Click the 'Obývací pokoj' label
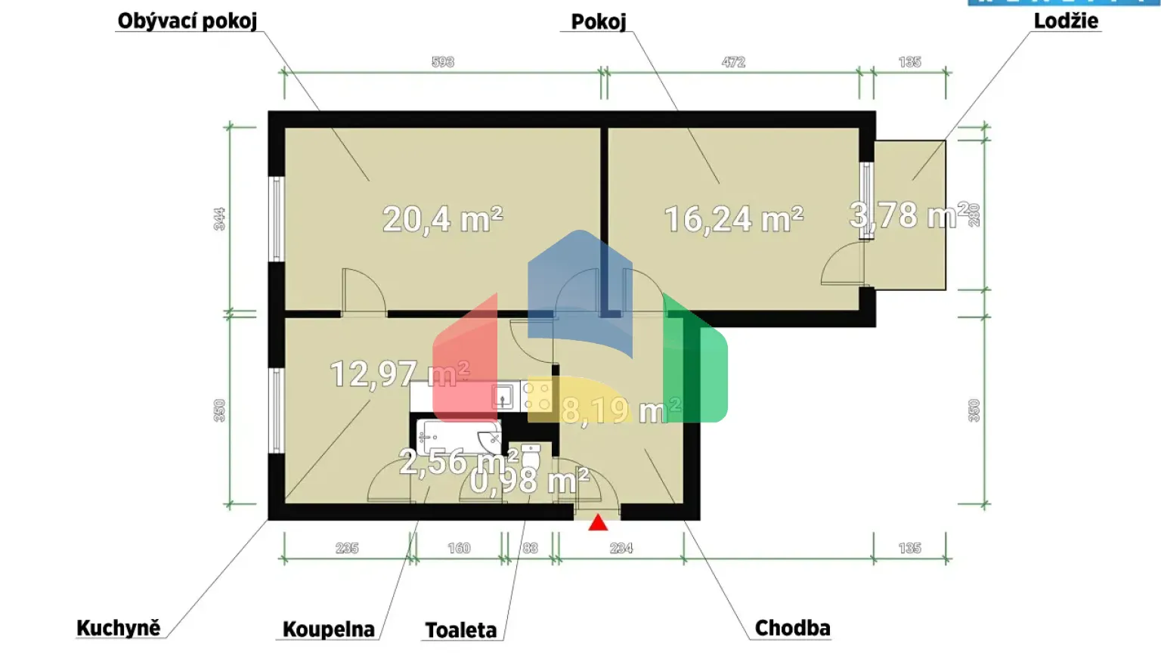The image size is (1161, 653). click(x=187, y=20)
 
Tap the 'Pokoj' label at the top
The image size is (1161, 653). click(x=598, y=21)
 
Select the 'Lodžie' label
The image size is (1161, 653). click(x=1066, y=20)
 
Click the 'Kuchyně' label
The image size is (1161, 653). click(x=119, y=628)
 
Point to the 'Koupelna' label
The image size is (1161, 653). click(x=328, y=629)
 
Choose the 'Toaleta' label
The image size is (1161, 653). click(x=460, y=630)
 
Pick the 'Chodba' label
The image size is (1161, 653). click(x=792, y=628)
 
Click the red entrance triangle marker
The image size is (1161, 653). click(x=598, y=522)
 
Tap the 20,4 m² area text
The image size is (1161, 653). click(x=442, y=220)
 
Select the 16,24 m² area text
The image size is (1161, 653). click(x=733, y=220)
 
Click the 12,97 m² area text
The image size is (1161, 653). click(x=399, y=373)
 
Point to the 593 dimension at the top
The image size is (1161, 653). click(x=443, y=62)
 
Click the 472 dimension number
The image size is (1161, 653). click(x=733, y=62)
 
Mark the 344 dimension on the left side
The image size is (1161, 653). click(x=219, y=219)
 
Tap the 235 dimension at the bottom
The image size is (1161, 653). click(x=347, y=548)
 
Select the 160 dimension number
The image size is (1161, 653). click(x=459, y=548)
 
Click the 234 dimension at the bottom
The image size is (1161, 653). click(x=621, y=548)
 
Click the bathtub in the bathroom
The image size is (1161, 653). click(x=458, y=437)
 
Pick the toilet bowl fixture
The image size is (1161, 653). click(x=531, y=456)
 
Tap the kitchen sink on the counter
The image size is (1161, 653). click(x=503, y=396)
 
